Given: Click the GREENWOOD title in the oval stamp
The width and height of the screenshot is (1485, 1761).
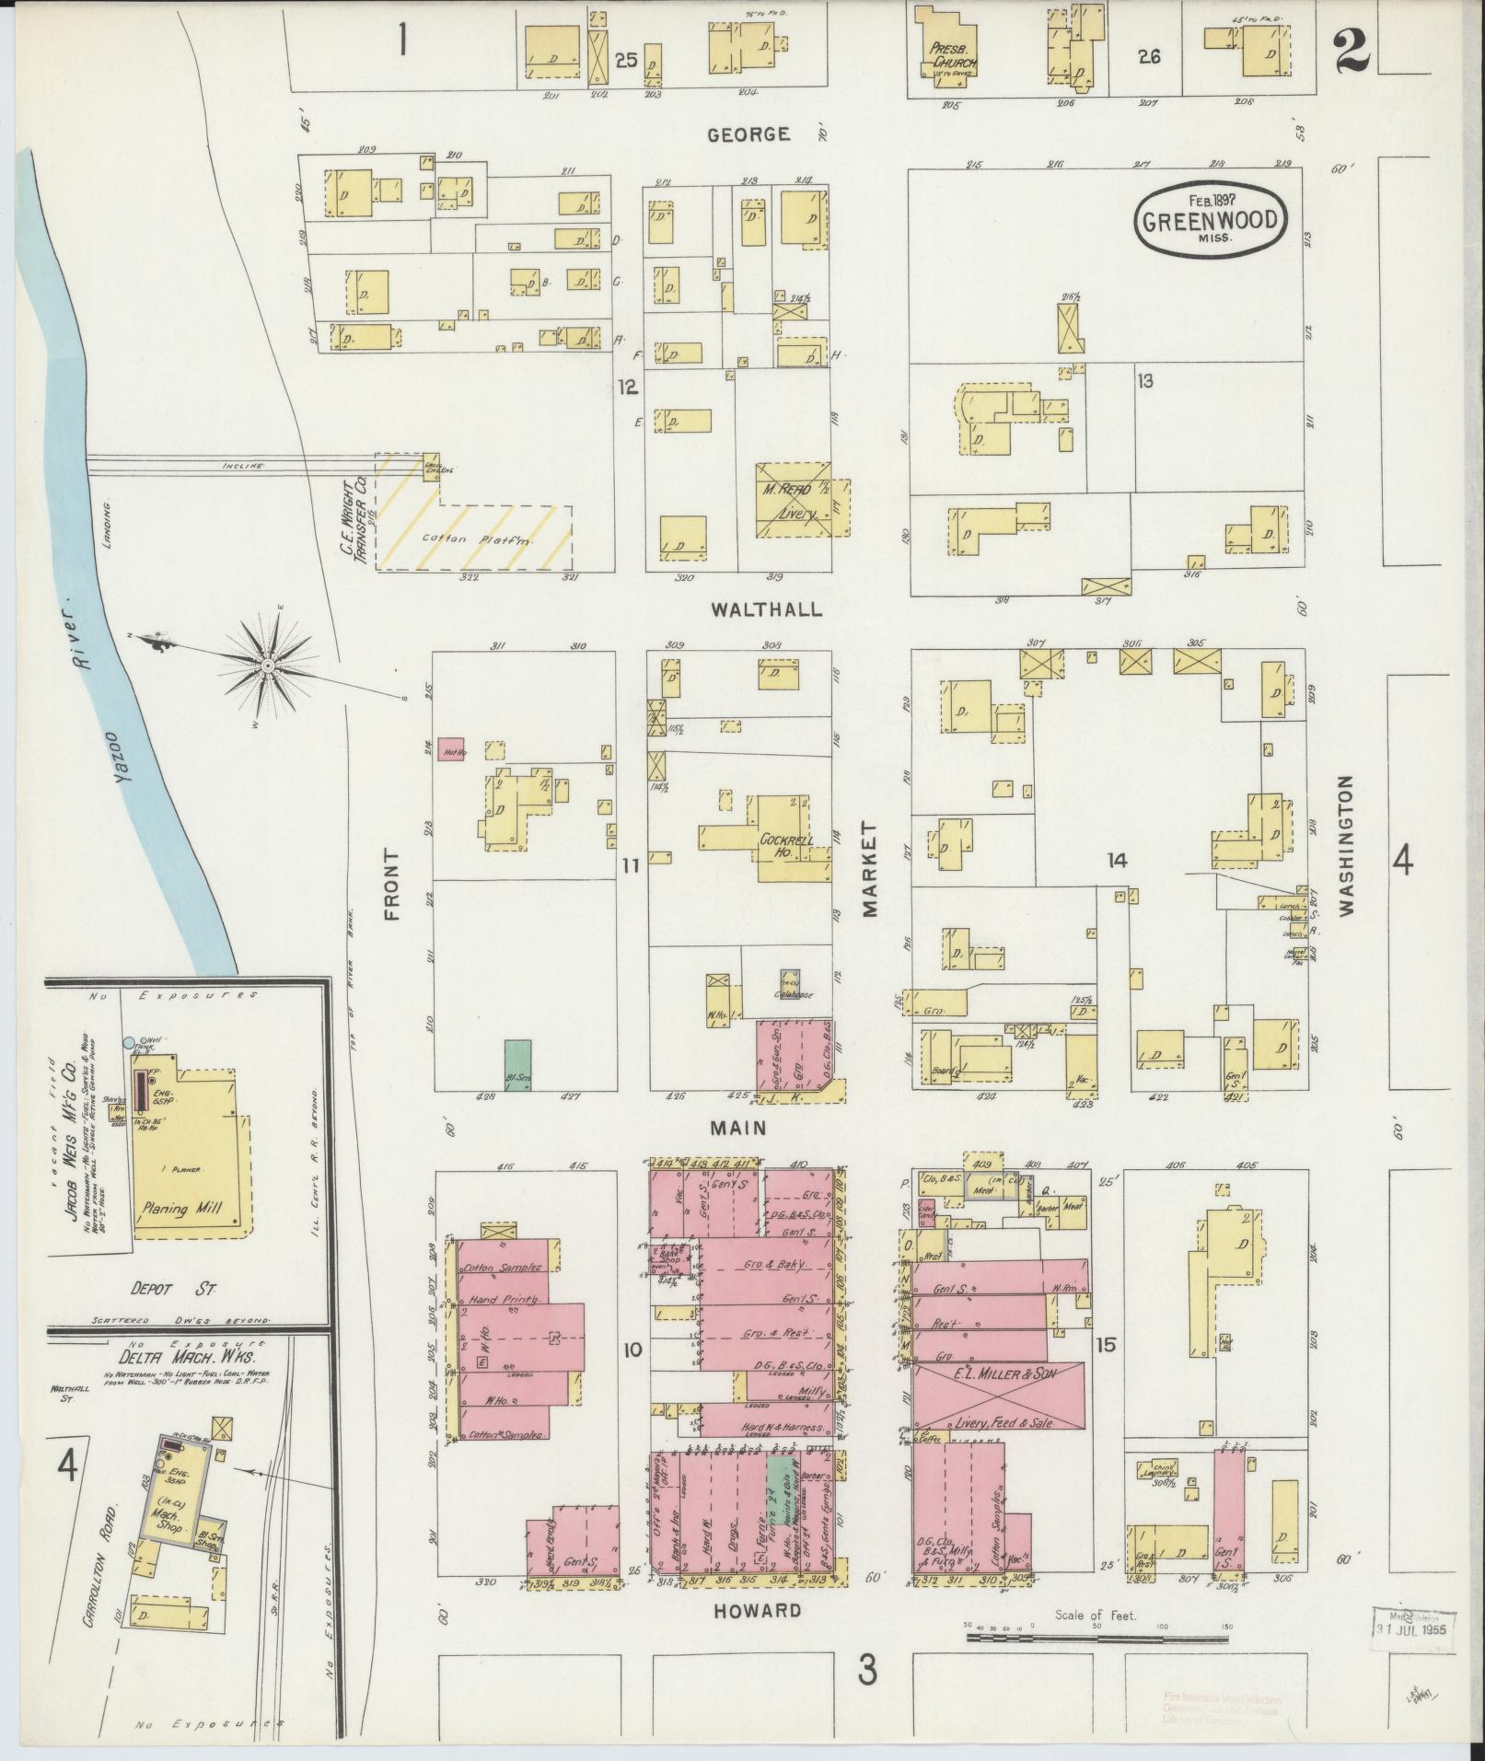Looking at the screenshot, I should pos(1210,220).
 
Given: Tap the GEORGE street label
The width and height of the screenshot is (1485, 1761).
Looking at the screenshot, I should pos(748,134).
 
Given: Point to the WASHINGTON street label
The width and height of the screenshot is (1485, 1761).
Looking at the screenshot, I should pos(1347,845).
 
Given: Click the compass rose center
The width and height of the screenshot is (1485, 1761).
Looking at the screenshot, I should pos(267,664).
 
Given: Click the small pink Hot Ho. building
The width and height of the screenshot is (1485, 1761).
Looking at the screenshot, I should pos(450,749).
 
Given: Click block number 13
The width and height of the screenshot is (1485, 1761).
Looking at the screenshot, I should pos(1144,379).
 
